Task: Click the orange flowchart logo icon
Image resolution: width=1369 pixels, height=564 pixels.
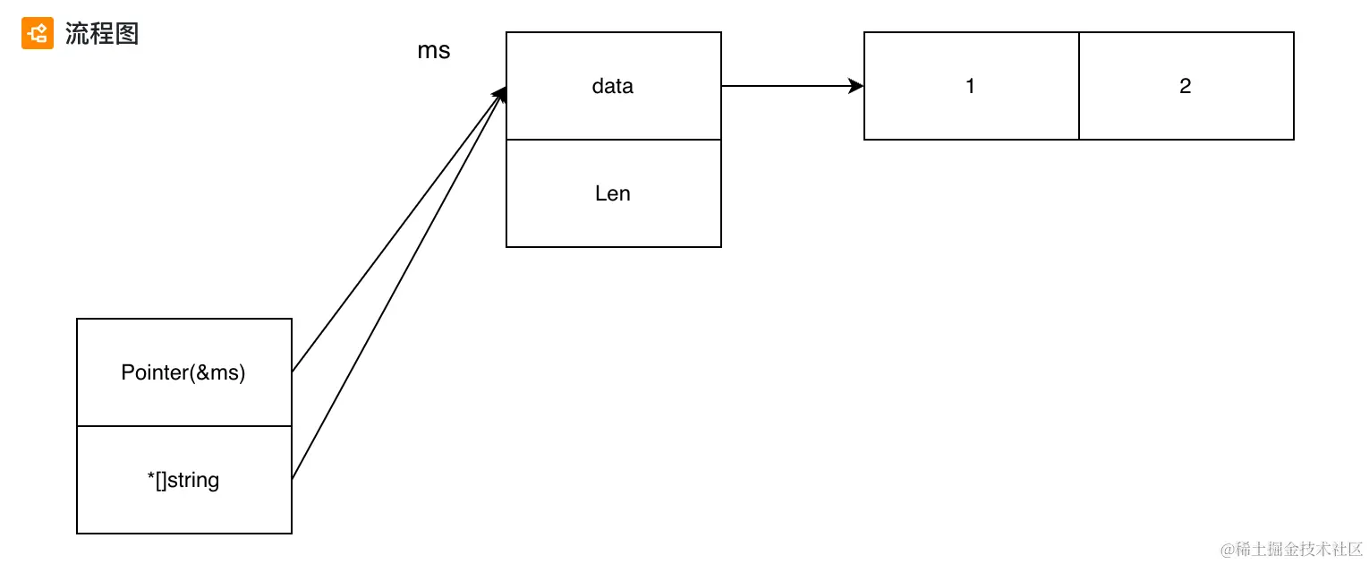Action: (38, 34)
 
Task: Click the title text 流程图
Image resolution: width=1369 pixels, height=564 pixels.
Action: (101, 34)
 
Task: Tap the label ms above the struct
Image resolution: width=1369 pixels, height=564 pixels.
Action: (434, 51)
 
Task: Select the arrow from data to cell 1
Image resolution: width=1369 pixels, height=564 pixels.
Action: (787, 86)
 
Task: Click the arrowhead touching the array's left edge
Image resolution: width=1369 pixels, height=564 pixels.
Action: (857, 86)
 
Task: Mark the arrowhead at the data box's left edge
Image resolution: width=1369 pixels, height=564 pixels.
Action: (500, 94)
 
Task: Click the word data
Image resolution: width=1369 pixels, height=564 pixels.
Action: (613, 86)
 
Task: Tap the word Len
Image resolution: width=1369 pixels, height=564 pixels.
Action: (613, 193)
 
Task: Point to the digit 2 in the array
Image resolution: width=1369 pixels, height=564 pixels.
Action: (1186, 86)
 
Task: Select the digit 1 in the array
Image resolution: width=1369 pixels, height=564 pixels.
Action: (971, 86)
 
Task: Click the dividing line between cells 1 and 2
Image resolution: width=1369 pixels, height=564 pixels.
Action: (1079, 86)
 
